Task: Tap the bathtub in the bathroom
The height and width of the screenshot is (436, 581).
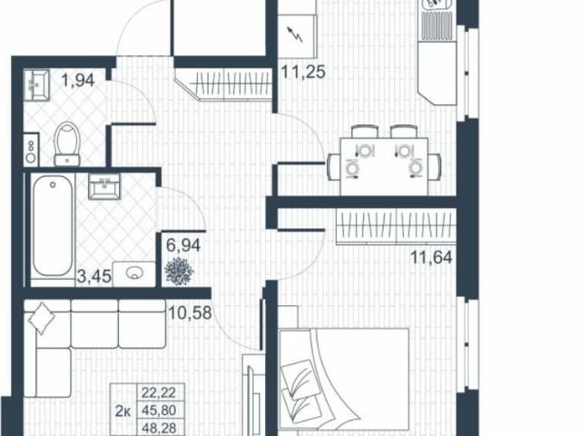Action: pyautogui.click(x=51, y=230)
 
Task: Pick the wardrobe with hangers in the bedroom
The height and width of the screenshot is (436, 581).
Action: pyautogui.click(x=395, y=225)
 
